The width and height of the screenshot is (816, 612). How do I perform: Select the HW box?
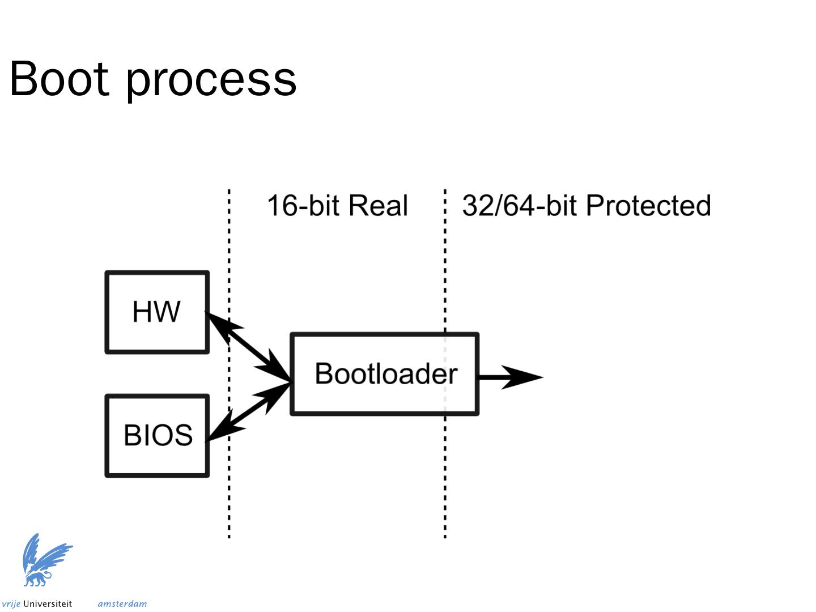pyautogui.click(x=157, y=312)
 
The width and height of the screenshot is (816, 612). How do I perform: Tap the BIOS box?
pyautogui.click(x=157, y=436)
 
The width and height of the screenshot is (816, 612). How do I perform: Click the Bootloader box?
pyautogui.click(x=385, y=374)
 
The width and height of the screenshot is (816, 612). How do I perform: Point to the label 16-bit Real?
pyautogui.click(x=337, y=206)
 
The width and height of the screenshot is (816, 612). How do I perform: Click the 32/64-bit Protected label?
pyautogui.click(x=586, y=206)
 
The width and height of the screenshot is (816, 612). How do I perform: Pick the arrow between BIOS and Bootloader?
pyautogui.click(x=249, y=411)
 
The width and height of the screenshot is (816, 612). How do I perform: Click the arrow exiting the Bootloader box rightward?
pyautogui.click(x=510, y=377)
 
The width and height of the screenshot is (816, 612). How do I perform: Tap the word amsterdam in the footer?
pyautogui.click(x=122, y=604)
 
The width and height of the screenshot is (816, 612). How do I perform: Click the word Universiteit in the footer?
pyautogui.click(x=48, y=604)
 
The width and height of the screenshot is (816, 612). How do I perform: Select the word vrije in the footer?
pyautogui.click(x=11, y=604)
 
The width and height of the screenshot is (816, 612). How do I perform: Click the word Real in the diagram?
pyautogui.click(x=377, y=206)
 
